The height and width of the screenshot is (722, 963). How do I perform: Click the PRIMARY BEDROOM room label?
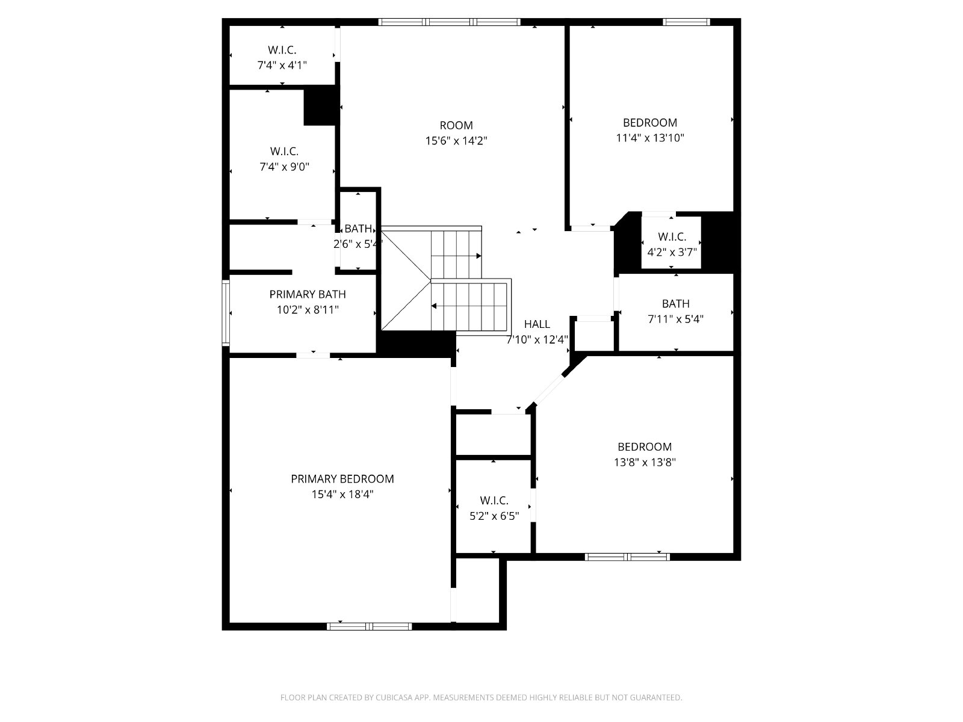(342, 479)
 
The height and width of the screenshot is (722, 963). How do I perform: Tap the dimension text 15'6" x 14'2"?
(456, 141)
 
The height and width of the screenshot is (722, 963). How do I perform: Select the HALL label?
(537, 324)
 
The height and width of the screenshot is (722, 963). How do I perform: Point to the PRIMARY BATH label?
(308, 294)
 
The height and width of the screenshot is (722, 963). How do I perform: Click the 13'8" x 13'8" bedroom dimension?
(645, 462)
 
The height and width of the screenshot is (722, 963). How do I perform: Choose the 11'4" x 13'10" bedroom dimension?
(650, 138)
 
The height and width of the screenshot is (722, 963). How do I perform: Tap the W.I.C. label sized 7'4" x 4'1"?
(282, 50)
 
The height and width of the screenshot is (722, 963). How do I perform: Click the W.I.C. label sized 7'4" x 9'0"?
(284, 151)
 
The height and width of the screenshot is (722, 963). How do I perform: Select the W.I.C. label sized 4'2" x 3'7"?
(672, 236)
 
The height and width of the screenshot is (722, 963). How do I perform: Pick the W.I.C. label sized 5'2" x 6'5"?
(494, 500)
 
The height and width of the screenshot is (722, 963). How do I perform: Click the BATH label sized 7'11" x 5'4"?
(676, 303)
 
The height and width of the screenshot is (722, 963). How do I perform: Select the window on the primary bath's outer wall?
(226, 312)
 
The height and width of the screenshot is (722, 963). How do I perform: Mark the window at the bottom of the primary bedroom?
(370, 626)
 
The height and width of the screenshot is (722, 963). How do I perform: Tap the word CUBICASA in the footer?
(392, 697)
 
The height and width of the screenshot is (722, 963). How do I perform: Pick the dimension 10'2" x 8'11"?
(308, 310)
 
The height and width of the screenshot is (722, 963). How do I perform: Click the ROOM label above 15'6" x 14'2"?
(456, 125)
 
